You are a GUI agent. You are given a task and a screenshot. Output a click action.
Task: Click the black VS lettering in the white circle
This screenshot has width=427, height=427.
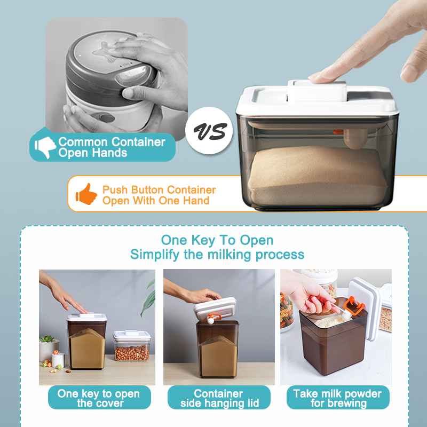pos(210,131)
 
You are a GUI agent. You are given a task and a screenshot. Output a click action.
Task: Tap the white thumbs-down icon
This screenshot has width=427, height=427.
pos(45,147)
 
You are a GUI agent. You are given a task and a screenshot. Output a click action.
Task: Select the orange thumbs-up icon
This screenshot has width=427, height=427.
pos(86,194)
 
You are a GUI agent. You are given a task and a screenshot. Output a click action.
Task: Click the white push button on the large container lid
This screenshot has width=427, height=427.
pos(317,91)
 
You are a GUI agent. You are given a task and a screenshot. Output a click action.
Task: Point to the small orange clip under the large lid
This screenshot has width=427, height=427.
pos(338,132)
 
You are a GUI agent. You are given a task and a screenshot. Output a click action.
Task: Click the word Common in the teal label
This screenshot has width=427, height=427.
pos(83,142)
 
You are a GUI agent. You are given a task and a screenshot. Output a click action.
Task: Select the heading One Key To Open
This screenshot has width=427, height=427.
pos(217,240)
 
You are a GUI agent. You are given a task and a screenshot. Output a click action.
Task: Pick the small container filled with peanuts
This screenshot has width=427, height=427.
pos(132,345)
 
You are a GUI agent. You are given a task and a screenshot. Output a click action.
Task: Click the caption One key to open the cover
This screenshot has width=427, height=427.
pos(99,398)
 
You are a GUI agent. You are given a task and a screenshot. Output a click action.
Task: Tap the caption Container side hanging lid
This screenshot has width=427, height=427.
pos(219,398)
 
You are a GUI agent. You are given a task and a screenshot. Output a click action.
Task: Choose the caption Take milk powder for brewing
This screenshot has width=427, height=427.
pos(338,398)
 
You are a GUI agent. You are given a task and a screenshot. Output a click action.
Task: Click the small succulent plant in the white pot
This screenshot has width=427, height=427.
pos(48,339)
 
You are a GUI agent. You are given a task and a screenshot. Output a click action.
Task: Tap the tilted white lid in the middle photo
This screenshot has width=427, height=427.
pos(215,309)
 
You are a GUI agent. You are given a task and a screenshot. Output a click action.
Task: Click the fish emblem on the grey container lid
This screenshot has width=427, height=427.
pos(105,51)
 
